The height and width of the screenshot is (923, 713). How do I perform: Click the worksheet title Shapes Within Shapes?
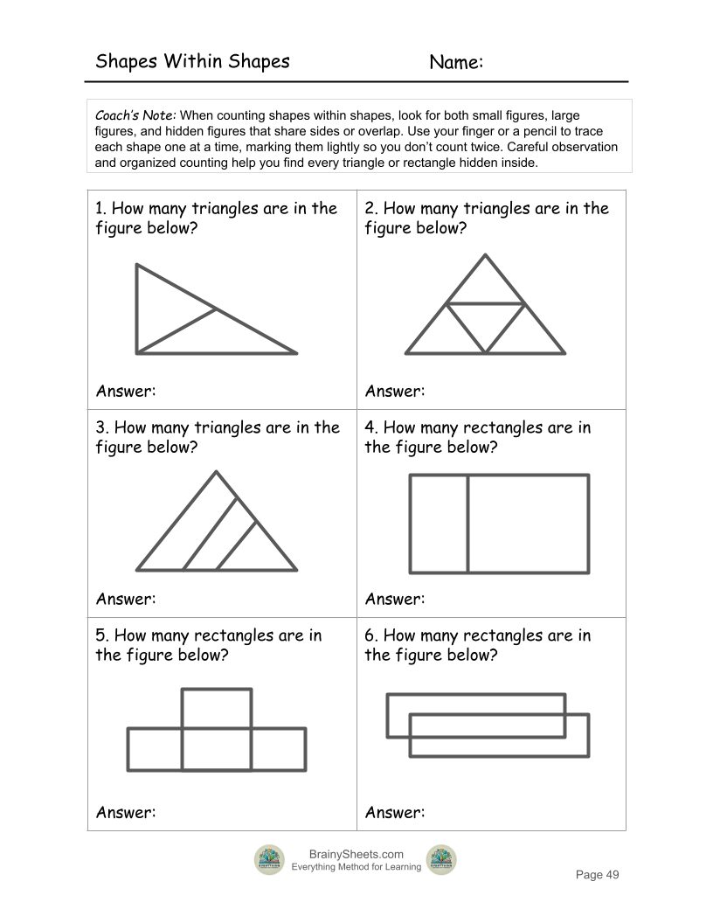coord(192,61)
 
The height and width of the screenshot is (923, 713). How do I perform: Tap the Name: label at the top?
coord(456,62)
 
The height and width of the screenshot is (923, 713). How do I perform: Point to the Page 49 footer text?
coord(597,875)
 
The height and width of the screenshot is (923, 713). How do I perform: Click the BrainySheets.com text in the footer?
coord(356,854)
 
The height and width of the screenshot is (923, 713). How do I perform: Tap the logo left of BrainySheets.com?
coord(269,860)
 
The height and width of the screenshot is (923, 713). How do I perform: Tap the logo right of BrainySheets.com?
coord(441,860)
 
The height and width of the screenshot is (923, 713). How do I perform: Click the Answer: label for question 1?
coord(126,391)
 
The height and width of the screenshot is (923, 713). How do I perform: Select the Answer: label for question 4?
coord(395,599)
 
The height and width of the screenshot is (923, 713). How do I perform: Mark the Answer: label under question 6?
coord(395,812)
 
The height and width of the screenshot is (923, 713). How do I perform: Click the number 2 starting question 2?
coord(370,208)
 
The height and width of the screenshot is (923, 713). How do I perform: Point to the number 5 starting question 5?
coord(100,635)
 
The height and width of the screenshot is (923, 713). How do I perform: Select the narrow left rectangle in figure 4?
coord(439,524)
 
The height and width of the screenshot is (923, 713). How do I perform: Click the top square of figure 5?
coord(217,709)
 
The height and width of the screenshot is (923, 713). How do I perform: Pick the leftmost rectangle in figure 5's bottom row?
coord(155,749)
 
